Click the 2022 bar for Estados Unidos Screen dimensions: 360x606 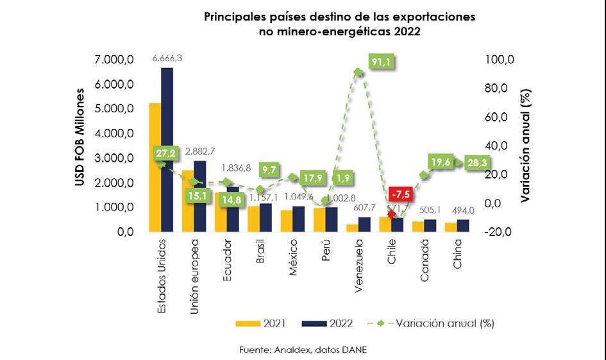(167, 151)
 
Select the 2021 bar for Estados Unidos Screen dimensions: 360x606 (155, 168)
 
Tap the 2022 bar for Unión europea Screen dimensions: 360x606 (200, 197)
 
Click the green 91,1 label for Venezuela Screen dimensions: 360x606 (382, 62)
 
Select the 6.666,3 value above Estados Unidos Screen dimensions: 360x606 (167, 58)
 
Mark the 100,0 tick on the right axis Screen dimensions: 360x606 (500, 60)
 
